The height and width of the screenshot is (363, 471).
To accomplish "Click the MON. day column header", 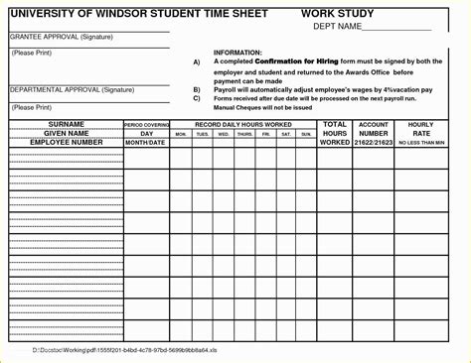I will (181, 133).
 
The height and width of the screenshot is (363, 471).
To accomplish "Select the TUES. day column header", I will (203, 133).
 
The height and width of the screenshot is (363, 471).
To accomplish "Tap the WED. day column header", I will (224, 133).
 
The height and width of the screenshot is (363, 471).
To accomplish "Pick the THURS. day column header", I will (244, 133).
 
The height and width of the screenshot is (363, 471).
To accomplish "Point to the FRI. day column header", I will (265, 133).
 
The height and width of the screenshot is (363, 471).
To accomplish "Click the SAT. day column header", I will (286, 133).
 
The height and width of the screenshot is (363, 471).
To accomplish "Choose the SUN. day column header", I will (306, 133).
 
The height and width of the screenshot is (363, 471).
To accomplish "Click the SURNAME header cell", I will (65, 124).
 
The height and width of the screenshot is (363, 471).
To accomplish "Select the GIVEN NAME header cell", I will (65, 133).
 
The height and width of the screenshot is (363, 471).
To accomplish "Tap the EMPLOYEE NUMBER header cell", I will (65, 142).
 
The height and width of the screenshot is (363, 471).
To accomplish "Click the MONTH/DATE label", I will (146, 143).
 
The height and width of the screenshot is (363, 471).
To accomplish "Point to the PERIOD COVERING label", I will (146, 125).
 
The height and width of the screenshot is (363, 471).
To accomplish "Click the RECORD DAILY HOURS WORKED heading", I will (243, 124).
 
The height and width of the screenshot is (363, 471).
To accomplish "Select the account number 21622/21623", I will (374, 143).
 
